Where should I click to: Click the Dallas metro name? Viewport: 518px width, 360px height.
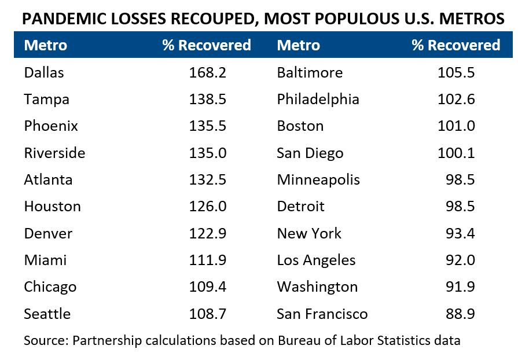click(x=44, y=73)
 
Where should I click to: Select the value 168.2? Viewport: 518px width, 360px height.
click(x=207, y=73)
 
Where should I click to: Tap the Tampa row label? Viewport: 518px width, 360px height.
click(x=46, y=100)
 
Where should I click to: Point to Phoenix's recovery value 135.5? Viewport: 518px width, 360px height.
click(x=207, y=126)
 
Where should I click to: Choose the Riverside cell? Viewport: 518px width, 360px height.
click(x=54, y=153)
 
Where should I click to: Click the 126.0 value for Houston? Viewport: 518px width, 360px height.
click(x=207, y=207)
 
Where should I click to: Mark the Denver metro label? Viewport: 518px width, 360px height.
click(x=48, y=234)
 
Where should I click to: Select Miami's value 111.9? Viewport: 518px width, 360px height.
click(x=207, y=260)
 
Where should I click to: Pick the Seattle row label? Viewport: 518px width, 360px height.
click(x=47, y=314)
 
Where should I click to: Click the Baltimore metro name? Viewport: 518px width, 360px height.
click(x=310, y=73)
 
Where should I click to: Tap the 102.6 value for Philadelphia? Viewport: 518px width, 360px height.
click(x=456, y=100)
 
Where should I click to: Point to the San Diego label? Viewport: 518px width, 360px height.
click(x=310, y=153)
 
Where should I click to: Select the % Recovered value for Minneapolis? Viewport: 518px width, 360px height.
click(x=461, y=180)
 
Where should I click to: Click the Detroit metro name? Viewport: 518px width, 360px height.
click(x=300, y=207)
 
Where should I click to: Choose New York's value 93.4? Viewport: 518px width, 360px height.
click(x=461, y=234)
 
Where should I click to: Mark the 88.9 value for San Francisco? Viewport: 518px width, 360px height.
click(x=461, y=314)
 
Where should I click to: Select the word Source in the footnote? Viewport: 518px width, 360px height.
click(x=45, y=340)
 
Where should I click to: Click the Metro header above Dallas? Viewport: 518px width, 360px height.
click(x=45, y=45)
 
